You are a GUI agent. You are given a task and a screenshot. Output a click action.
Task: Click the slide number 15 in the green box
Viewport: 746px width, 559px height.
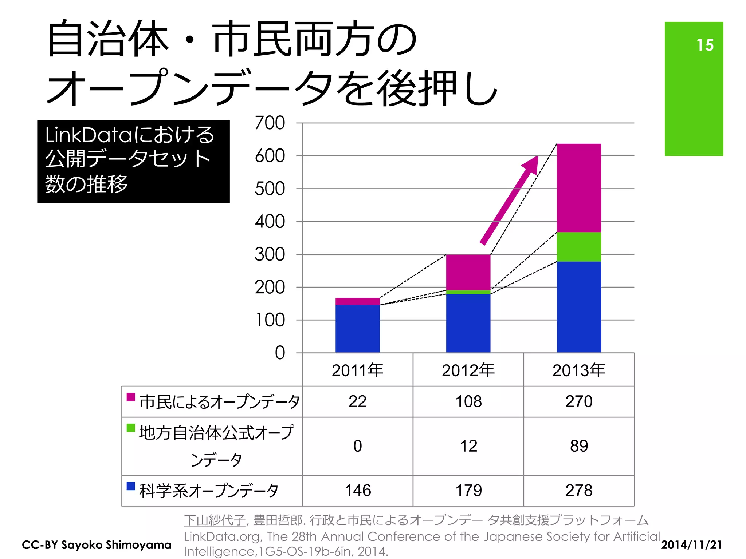tap(705, 45)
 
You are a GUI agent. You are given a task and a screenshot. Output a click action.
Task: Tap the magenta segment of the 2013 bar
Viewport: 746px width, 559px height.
tap(579, 188)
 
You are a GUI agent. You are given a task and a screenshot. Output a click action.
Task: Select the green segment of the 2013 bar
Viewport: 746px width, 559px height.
tap(579, 247)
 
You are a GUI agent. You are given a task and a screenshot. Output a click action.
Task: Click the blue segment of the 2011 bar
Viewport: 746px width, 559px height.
tap(357, 329)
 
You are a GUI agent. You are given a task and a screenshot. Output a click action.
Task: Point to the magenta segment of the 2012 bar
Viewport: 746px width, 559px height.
tap(468, 272)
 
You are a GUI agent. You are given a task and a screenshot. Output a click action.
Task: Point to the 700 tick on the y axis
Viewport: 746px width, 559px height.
tap(270, 123)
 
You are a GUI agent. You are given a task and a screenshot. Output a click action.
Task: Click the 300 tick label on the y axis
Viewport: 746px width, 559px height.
tap(270, 254)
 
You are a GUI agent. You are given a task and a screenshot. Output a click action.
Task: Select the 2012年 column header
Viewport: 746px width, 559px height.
tap(468, 370)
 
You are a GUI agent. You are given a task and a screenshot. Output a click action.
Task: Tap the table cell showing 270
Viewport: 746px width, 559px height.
tap(579, 401)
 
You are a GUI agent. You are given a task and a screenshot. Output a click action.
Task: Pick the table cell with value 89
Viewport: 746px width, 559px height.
tap(579, 446)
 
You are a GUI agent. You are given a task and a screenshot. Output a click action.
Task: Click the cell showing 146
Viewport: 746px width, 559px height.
tap(358, 490)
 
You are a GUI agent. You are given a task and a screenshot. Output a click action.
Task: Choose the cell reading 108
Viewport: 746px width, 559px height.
tap(468, 401)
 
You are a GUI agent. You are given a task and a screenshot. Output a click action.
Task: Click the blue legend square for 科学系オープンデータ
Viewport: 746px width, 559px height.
tap(131, 486)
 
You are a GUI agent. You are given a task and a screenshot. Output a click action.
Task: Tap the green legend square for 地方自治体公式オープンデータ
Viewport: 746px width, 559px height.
tap(131, 428)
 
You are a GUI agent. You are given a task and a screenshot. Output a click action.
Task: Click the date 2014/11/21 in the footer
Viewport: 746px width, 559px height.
tap(691, 545)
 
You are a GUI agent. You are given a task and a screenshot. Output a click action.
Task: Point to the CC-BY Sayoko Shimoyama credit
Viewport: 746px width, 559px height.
tap(97, 545)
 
